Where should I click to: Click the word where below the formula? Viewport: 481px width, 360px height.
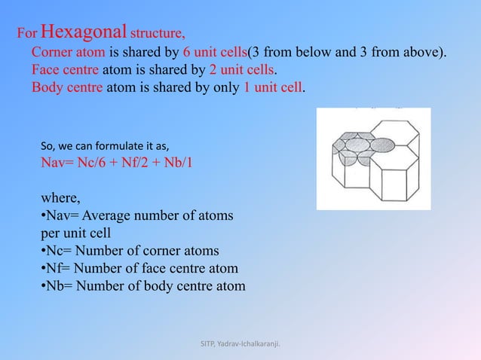click(59, 199)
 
